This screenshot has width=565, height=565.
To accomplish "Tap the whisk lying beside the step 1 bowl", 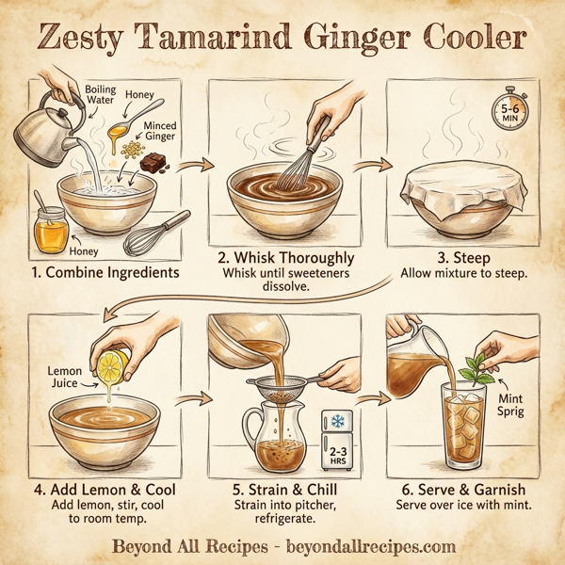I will tap(155, 231).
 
